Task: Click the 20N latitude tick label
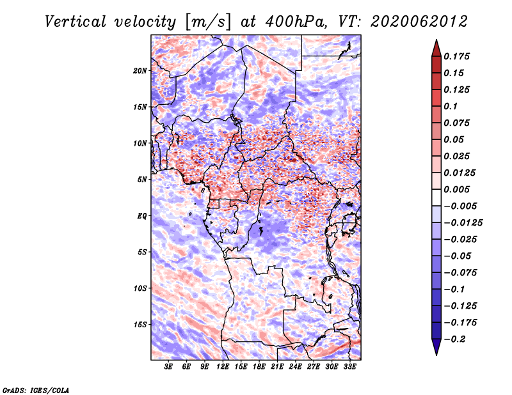(140, 71)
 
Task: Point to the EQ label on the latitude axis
(141, 216)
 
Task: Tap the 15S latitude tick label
(140, 325)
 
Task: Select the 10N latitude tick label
(140, 143)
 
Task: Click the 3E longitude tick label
(168, 367)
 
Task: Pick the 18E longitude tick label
(259, 367)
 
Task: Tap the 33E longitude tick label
(349, 367)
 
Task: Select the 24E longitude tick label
(295, 367)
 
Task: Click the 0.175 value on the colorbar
(456, 56)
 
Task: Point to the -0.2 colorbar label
(454, 339)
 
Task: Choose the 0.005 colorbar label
(456, 189)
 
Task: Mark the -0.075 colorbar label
(460, 273)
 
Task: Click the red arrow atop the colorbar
(436, 49)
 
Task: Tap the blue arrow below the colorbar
(436, 346)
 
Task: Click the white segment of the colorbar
(436, 197)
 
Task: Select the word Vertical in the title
(76, 22)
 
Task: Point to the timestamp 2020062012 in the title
(419, 22)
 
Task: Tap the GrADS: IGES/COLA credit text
(36, 390)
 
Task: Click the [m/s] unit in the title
(208, 22)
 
